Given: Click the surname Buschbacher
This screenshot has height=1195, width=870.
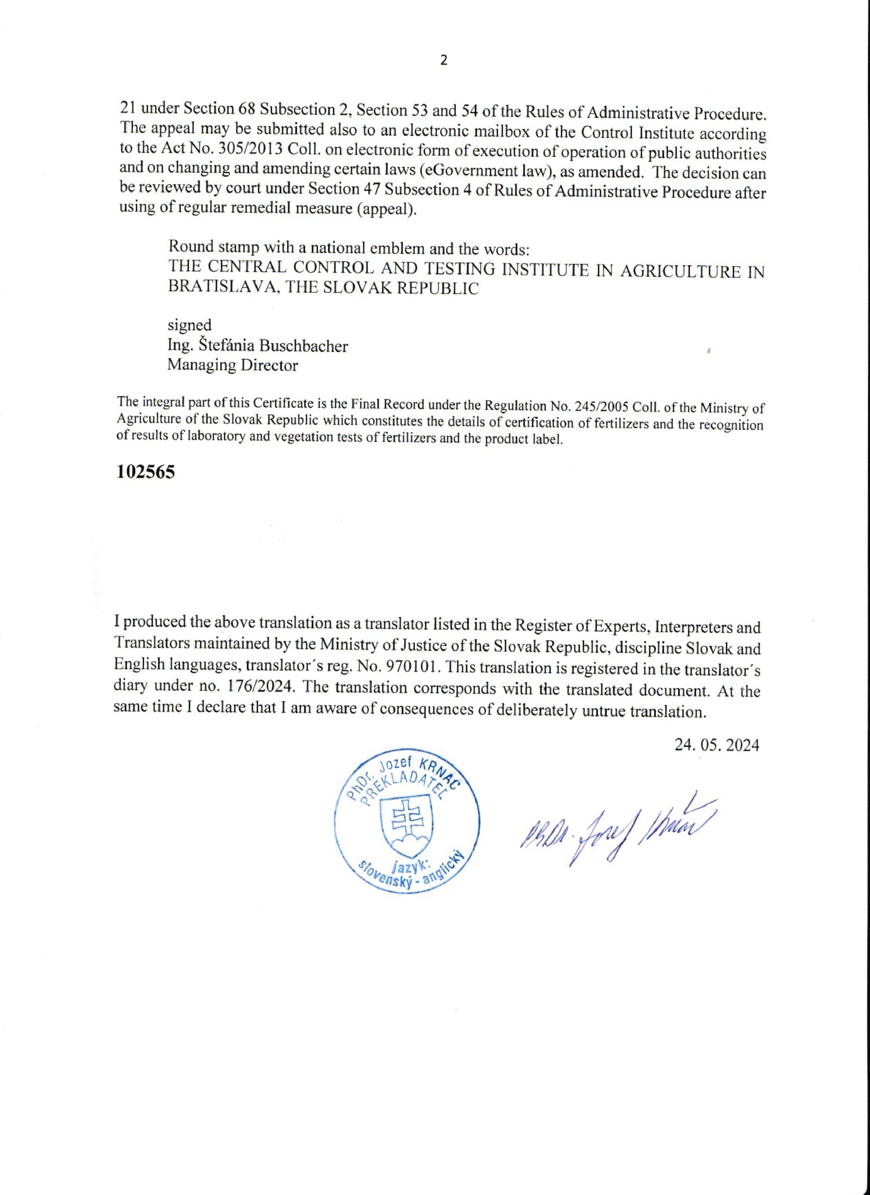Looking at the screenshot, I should pyautogui.click(x=302, y=346).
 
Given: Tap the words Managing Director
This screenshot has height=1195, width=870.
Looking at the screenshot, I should pyautogui.click(x=232, y=365).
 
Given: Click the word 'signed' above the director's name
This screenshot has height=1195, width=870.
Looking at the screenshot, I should pyautogui.click(x=189, y=324).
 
